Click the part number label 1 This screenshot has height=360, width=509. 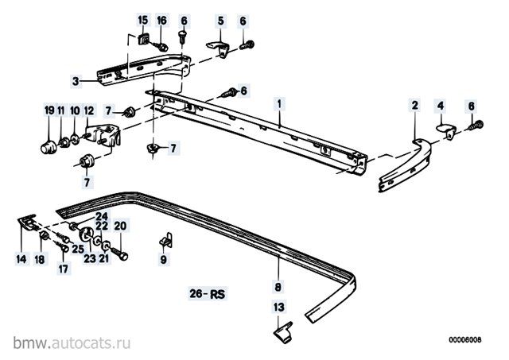click(x=279, y=103)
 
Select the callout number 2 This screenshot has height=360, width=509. click(x=414, y=105)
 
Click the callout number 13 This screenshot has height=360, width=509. click(x=278, y=306)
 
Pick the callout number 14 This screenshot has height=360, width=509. click(x=21, y=259)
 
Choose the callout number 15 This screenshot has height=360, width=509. click(x=142, y=20)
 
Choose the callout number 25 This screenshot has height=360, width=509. click(x=79, y=249)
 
